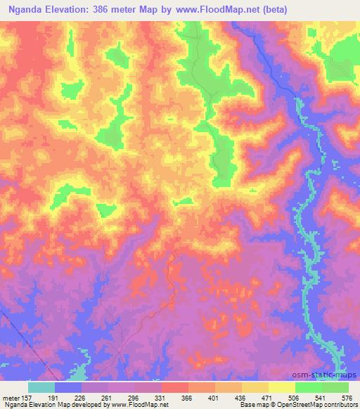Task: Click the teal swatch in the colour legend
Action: tap(41, 387)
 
